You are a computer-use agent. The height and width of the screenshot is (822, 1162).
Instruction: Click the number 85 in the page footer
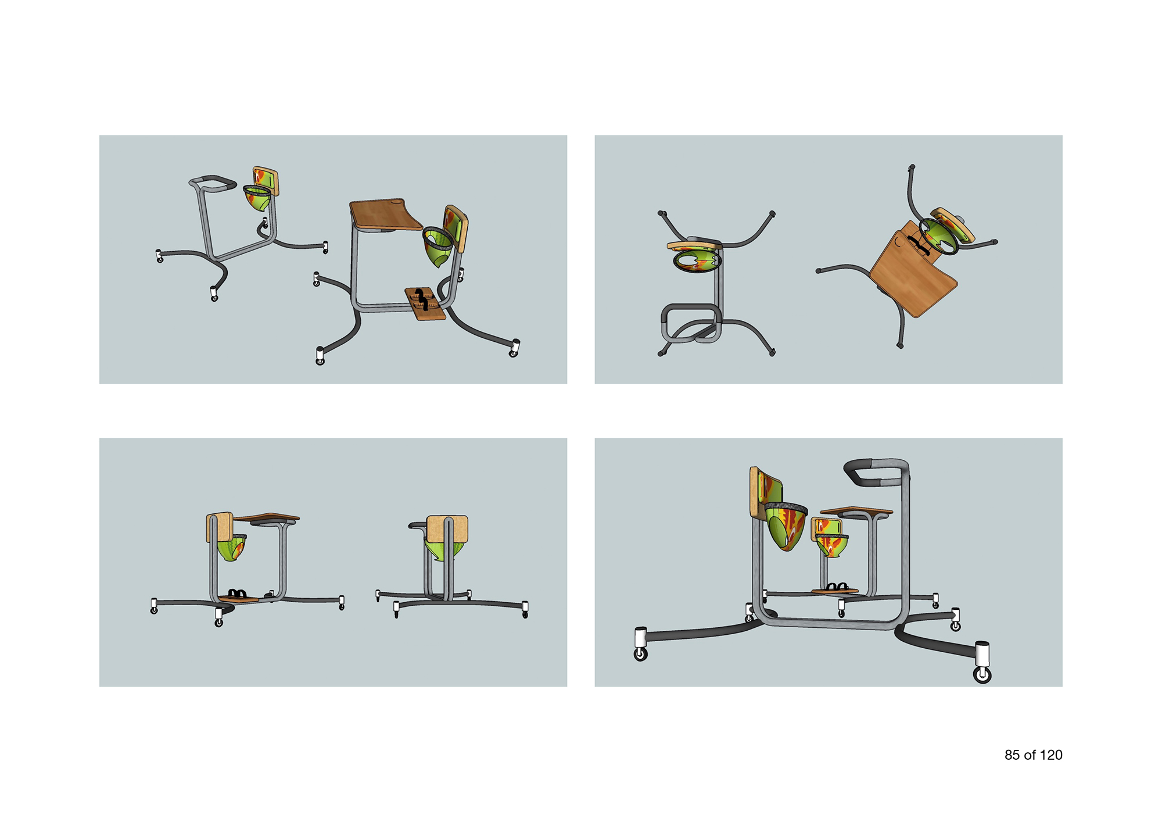coord(1012,755)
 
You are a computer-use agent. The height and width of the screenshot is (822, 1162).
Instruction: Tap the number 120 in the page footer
coord(1051,755)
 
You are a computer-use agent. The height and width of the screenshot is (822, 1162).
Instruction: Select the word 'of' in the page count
coord(1030,755)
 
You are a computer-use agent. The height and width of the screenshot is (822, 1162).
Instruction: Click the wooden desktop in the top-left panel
coord(385,214)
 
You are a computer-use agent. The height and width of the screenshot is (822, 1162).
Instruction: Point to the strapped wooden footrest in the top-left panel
coord(425,303)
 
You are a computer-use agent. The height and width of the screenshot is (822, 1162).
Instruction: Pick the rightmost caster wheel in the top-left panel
coord(515,348)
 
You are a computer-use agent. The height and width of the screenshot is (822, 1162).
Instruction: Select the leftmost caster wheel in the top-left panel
coord(159,256)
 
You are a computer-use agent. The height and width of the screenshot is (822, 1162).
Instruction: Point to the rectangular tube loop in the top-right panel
coord(691,323)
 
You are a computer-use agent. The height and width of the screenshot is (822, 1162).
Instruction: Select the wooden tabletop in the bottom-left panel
coord(266,517)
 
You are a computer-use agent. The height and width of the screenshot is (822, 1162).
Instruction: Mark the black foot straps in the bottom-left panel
coord(237,593)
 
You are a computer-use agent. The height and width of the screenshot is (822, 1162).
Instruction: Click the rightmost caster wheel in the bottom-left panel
coord(525,610)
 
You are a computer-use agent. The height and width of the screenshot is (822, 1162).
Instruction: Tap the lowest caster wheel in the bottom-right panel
coord(982,662)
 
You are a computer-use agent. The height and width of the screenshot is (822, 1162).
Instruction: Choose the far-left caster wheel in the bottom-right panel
coord(640,644)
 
